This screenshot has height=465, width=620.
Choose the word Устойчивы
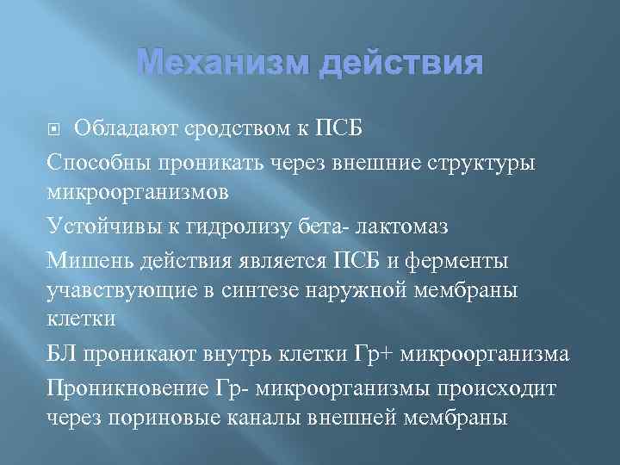[96, 226]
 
